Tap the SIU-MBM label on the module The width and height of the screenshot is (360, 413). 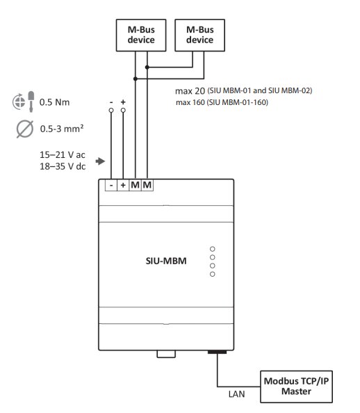coord(166,261)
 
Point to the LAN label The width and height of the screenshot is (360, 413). coord(236,394)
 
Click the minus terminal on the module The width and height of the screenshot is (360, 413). coord(111,185)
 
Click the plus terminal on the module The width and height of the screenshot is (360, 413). coord(123,185)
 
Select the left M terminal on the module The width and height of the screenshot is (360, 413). coord(135,185)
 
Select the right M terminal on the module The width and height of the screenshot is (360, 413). coord(147,185)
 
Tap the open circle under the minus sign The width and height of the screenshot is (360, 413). coord(111,110)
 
